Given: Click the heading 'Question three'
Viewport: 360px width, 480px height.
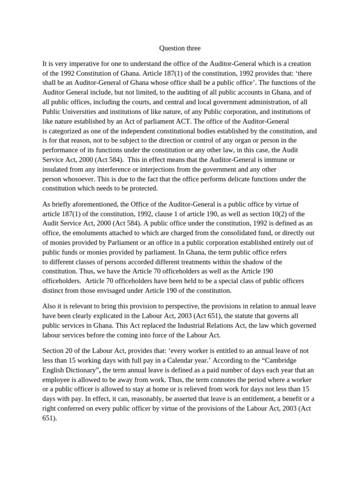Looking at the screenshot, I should click(x=180, y=48).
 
